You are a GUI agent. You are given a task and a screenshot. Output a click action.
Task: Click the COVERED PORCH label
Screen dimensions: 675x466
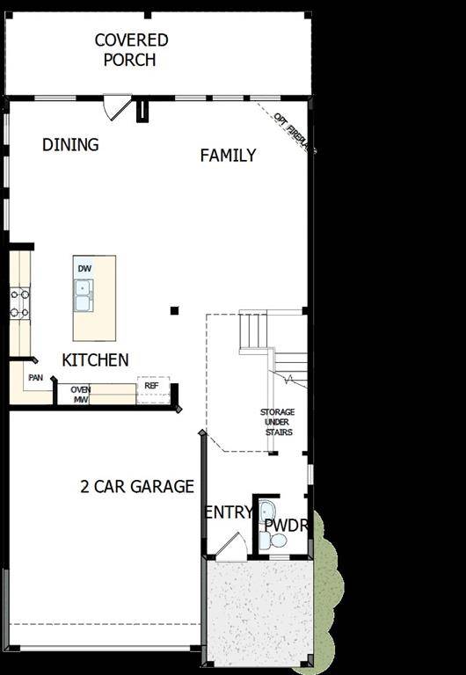[131, 50]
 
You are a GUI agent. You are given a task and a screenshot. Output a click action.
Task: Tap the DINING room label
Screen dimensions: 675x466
[70, 145]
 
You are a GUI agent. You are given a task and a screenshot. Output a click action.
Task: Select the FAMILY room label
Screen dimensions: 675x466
[228, 156]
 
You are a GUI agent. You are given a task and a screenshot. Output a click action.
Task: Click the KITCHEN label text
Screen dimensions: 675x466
[95, 359]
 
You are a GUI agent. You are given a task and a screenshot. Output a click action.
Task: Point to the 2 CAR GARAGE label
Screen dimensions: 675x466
[137, 486]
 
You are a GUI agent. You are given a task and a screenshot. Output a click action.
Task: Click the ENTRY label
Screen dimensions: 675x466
[229, 512]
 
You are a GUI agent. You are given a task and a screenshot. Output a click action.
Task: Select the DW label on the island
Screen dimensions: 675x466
[84, 269]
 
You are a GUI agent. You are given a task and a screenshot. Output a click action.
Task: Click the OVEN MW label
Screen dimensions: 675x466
[81, 395]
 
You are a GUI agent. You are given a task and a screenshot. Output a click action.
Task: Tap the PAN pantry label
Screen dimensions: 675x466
[35, 378]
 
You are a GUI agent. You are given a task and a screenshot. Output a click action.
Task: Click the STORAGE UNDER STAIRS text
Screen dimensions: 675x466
[276, 422]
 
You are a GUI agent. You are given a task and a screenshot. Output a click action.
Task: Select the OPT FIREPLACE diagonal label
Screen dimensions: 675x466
[293, 133]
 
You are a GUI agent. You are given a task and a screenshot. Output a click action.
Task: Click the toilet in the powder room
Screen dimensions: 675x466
[278, 541]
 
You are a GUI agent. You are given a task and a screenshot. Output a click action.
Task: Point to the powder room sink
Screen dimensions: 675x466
[266, 512]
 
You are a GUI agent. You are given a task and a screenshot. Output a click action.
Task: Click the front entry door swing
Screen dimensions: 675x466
[230, 547]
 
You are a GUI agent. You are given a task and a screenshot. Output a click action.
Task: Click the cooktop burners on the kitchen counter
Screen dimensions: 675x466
[19, 303]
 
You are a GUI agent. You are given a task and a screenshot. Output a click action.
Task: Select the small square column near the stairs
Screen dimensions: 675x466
[174, 310]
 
